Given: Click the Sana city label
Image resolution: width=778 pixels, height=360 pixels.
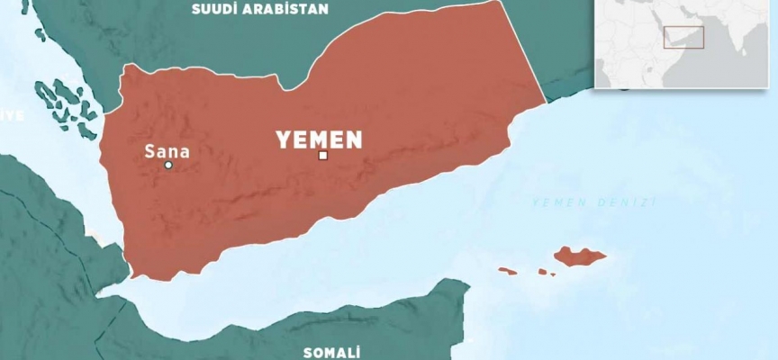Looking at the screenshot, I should [x=167, y=151].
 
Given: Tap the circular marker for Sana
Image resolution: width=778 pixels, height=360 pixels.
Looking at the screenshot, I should [x=167, y=166].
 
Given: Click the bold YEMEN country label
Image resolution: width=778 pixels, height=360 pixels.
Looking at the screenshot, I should [x=319, y=139].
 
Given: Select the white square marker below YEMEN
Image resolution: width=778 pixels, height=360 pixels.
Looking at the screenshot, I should [x=322, y=156].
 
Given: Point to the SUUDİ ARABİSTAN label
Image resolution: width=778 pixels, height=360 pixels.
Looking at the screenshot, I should [x=259, y=10].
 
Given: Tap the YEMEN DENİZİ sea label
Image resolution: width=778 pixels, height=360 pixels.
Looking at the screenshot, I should [x=593, y=202].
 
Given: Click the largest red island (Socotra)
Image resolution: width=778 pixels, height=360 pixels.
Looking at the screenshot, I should [x=578, y=256].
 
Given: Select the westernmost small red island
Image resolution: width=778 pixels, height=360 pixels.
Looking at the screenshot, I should [x=508, y=270].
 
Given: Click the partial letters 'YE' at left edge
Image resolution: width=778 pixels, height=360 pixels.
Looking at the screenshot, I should [x=11, y=116].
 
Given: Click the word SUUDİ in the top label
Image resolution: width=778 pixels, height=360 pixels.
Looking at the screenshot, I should [x=213, y=10].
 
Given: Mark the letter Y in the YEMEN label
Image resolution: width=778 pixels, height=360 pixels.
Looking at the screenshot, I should [x=283, y=139].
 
